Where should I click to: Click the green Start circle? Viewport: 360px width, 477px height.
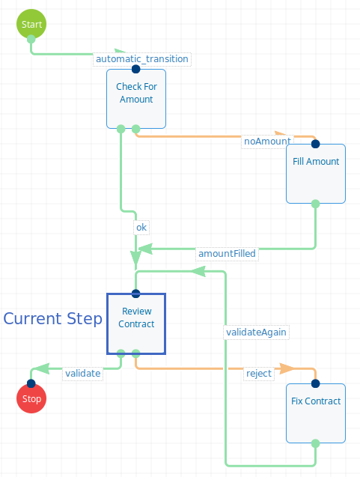pos(31,24)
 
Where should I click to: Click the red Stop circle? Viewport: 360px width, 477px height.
pos(31,398)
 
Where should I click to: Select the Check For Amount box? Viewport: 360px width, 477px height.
pos(136,99)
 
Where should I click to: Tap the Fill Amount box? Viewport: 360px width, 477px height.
pos(316,174)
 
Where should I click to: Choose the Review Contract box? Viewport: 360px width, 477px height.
pos(136,323)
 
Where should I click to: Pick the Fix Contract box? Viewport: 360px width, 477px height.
pos(316,413)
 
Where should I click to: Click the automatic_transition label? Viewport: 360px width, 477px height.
pos(142,58)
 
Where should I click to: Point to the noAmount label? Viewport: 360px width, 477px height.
pos(268,142)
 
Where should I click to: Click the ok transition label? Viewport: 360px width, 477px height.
pos(141,227)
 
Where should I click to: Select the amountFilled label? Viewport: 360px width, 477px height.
pos(227,253)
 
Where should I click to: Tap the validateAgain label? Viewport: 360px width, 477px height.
pos(256,332)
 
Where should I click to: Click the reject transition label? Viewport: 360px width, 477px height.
pos(259,373)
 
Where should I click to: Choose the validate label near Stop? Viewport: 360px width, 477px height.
pos(82,373)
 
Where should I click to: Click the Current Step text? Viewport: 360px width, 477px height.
pos(52,318)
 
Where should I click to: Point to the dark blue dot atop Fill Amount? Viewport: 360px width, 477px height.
pos(316,144)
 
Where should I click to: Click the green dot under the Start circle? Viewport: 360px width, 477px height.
pos(31,39)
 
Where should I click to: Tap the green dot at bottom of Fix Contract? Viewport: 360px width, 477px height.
pos(316,443)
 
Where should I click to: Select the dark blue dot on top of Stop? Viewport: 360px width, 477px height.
pos(31,383)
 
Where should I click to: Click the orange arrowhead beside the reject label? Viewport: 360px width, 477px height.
pos(287,368)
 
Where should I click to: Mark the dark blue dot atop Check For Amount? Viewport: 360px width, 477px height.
pos(136,69)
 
